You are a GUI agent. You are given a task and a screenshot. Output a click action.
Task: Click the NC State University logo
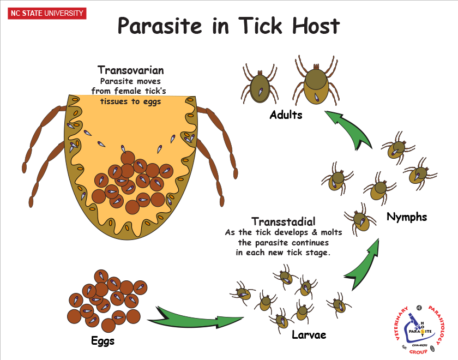46,13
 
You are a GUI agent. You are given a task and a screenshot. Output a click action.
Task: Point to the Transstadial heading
283,221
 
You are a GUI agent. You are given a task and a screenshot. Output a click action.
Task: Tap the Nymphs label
406,217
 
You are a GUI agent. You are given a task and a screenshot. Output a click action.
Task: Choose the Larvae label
309,334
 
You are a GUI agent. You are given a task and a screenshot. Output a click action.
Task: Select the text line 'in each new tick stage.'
283,252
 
